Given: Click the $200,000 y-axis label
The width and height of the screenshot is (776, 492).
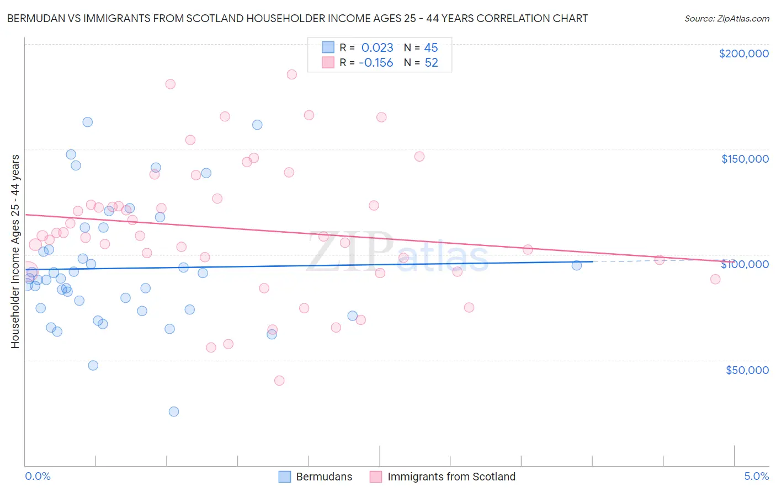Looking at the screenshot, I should point(743,54).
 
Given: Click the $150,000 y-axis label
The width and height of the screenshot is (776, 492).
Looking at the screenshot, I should point(745,159).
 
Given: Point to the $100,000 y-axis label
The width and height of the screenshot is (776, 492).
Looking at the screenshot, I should point(745,264).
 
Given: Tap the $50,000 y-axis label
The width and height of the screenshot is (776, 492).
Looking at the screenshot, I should point(747,370).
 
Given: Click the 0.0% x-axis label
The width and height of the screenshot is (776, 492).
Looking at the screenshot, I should point(38,476).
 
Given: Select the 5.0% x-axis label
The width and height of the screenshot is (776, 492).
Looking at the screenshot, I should point(756,476).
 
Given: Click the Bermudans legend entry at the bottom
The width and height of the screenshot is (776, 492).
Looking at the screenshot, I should point(324,477).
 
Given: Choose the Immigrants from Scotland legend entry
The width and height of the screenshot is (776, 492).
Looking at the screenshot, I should point(451,477).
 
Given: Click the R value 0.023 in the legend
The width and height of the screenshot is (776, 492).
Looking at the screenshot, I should point(377,47).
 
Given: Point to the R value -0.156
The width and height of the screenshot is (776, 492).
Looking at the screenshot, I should point(376,63).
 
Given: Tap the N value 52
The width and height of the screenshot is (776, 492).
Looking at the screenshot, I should point(431,63).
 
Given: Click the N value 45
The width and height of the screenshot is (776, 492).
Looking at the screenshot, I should point(431,47).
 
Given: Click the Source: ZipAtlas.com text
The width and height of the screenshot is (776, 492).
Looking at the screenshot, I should point(726,18).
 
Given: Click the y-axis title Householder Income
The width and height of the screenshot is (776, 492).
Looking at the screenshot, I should point(15,252).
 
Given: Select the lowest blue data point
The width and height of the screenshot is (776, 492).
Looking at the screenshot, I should point(174,411).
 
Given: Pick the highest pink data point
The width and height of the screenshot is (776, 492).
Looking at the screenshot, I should point(292,74).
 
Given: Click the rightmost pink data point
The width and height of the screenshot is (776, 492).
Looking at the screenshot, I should point(715,279).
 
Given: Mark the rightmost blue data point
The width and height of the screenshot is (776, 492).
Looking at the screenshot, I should point(577,265).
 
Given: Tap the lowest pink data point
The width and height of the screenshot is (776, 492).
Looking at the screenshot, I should point(279,381).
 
